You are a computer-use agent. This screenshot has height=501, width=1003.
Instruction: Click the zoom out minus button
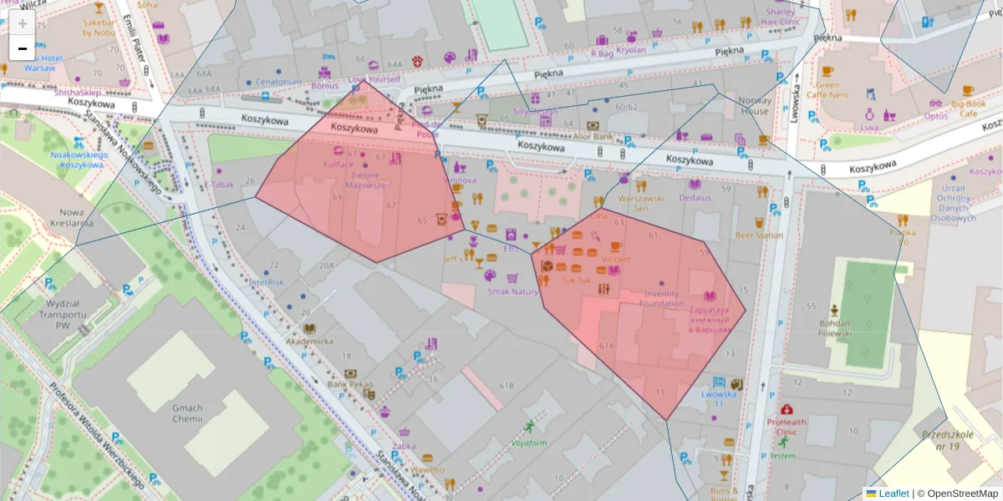[23, 48]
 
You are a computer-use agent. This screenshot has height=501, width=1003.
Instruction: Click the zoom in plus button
[23, 23]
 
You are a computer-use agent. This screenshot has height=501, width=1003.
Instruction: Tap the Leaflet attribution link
[894, 493]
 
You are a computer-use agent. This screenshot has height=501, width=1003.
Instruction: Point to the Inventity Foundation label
[662, 298]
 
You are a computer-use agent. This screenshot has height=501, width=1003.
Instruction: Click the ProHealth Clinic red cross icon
[787, 409]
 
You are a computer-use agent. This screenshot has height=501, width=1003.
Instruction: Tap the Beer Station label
[759, 235]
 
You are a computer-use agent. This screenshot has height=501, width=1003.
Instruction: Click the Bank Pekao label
[350, 384]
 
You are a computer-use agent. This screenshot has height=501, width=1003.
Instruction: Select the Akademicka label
[309, 341]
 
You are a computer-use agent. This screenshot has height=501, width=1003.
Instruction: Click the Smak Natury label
[513, 291]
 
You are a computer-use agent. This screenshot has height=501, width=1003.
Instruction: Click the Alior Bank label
[592, 136]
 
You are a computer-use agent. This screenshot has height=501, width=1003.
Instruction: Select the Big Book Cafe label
[968, 109]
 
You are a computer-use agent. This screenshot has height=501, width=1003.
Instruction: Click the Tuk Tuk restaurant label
[576, 281]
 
